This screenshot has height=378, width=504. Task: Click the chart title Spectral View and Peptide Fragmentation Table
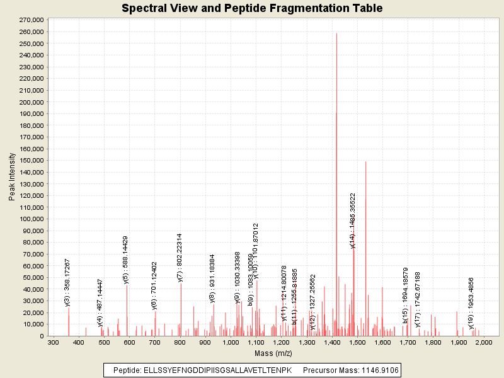pyautogui.click(x=252, y=8)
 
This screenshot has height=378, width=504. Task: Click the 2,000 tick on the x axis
pyautogui.click(x=483, y=342)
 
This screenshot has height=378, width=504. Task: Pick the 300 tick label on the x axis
pyautogui.click(x=54, y=342)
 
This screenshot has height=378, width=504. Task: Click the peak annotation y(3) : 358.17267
pyautogui.click(x=68, y=282)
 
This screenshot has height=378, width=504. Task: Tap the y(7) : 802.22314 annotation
pyautogui.click(x=180, y=257)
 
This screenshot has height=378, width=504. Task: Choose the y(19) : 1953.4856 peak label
pyautogui.click(x=471, y=294)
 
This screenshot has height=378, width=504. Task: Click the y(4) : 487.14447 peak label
pyautogui.click(x=100, y=294)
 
